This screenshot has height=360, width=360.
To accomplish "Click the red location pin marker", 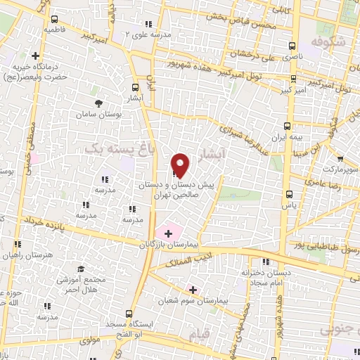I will [181, 165].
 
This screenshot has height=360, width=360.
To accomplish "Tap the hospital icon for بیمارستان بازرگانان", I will [168, 233].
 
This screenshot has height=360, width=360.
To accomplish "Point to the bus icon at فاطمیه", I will [54, 20].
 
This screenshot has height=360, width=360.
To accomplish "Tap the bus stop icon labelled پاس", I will [288, 195].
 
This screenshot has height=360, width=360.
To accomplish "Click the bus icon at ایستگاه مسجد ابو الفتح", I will [127, 314].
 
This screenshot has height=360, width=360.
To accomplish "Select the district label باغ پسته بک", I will [116, 149].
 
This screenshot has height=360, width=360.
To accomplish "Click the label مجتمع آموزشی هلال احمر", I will [80, 283].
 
